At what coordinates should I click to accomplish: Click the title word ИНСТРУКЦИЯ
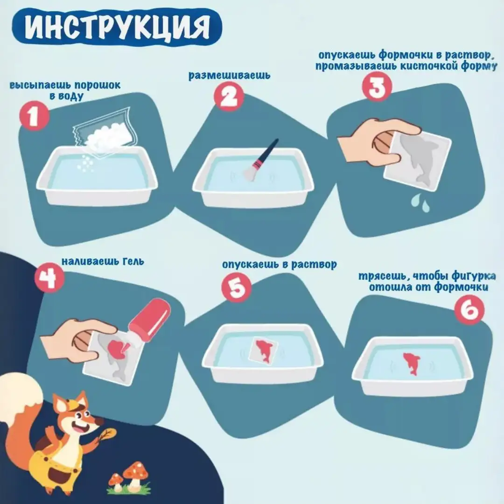[x=117, y=28]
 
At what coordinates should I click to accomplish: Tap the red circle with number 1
[x=35, y=117]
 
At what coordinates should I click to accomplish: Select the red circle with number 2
[x=229, y=97]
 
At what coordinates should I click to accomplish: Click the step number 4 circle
[x=49, y=279]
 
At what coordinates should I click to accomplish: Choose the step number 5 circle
[x=237, y=288]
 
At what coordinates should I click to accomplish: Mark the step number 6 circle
[x=469, y=310]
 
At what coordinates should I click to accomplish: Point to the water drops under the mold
[x=420, y=203]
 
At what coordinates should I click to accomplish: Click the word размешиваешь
[x=229, y=75]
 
